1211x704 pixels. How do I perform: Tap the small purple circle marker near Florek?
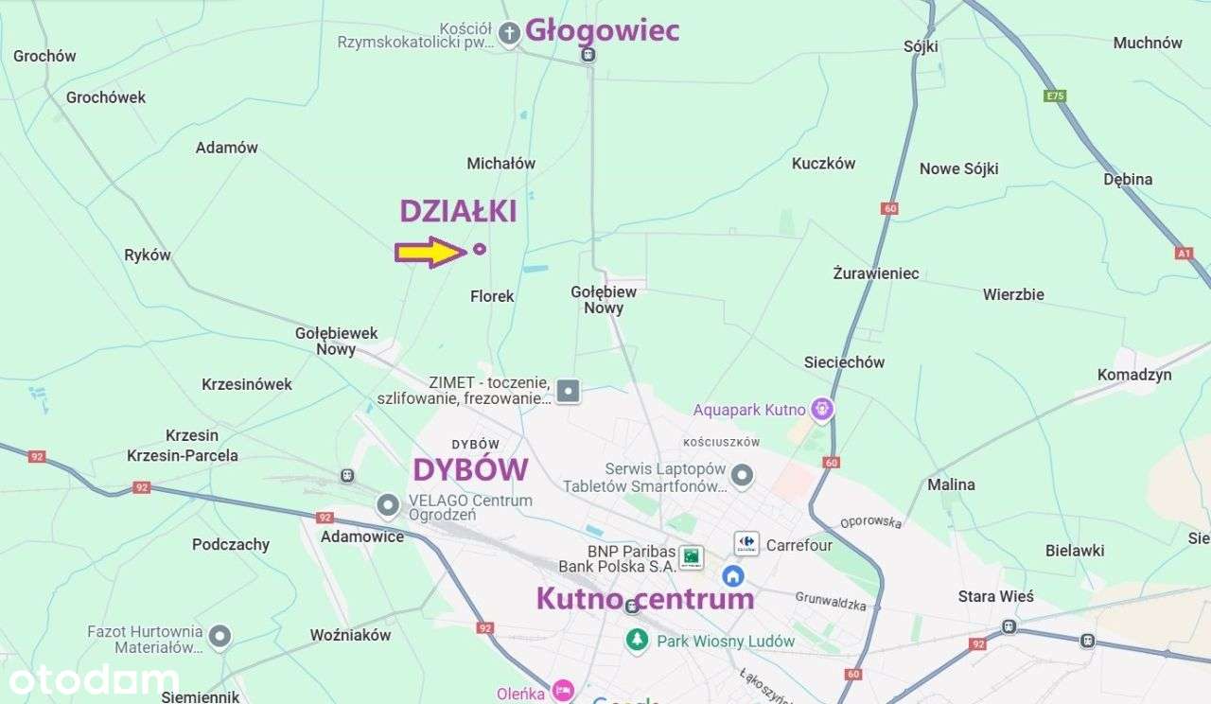(x=480, y=249)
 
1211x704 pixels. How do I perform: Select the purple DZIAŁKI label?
(x=458, y=211)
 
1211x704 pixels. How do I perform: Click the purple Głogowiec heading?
(x=602, y=30)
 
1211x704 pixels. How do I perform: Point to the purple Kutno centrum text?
(x=645, y=598)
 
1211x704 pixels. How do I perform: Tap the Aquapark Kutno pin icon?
(x=823, y=410)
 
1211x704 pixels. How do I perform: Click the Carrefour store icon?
(x=746, y=544)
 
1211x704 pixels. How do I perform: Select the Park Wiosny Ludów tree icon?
(x=638, y=641)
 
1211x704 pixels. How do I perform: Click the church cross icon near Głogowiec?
(x=510, y=34)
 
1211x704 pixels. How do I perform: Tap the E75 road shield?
(x=1055, y=96)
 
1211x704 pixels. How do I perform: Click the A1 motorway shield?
(x=1184, y=253)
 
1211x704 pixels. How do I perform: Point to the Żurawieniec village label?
(x=875, y=273)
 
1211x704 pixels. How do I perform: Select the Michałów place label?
(x=501, y=164)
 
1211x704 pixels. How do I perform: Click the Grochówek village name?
(x=106, y=97)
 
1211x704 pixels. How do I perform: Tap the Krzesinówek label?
(x=247, y=384)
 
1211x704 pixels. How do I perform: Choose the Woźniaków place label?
(x=350, y=635)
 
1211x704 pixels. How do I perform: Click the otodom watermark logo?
(x=94, y=679)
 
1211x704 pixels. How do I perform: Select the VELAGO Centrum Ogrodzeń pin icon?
(x=388, y=505)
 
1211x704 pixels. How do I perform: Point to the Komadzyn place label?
(x=1133, y=375)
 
